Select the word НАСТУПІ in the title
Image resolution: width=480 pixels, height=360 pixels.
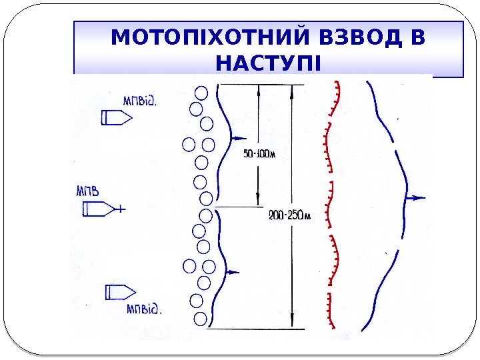pyautogui.click(x=269, y=65)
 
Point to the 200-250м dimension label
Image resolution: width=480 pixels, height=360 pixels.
pyautogui.click(x=289, y=215)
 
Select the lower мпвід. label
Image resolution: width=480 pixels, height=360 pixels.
pyautogui.click(x=145, y=309)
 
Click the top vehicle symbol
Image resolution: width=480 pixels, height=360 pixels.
pyautogui.click(x=116, y=118)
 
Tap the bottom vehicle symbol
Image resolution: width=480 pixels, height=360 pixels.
pyautogui.click(x=121, y=292)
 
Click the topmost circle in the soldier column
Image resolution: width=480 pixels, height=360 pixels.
pyautogui.click(x=201, y=93)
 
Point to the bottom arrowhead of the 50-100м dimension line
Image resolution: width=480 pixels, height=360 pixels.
pyautogui.click(x=258, y=203)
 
